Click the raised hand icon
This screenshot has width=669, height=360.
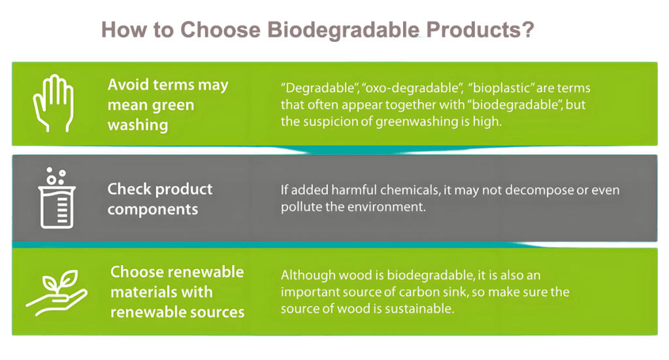pos(54,103)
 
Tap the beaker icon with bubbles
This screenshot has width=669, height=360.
pos(57,198)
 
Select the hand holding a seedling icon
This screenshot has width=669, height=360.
pos(57,293)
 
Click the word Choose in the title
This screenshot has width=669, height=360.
pos(220,30)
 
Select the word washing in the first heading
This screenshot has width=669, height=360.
pos(138,125)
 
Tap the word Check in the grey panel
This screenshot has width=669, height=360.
pos(128,189)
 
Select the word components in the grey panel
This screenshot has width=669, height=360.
pos(153,210)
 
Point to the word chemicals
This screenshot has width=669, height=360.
pos(410,190)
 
